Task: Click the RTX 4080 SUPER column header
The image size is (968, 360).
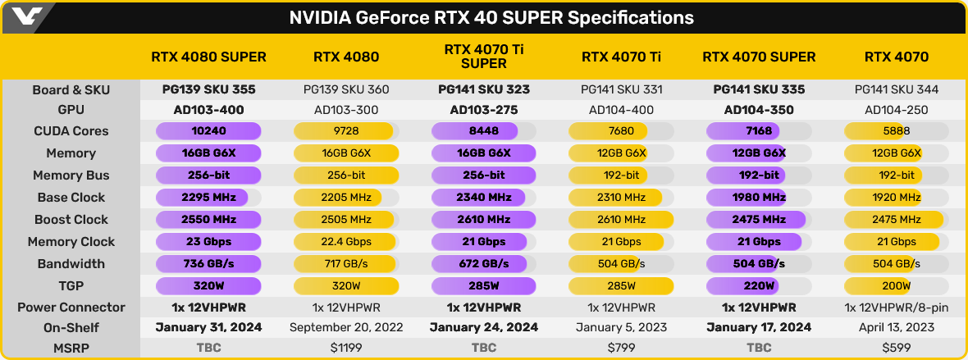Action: tap(208, 57)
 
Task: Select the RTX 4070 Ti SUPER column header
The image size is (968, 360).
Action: tap(483, 57)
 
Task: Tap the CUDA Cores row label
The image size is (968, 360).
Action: tap(71, 131)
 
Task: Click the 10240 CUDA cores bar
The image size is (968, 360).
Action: tap(208, 131)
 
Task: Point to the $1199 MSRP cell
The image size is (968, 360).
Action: tap(346, 347)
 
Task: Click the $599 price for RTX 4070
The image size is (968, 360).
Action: tap(897, 347)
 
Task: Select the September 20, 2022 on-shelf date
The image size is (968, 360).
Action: tap(346, 327)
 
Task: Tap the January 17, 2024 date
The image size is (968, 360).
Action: tap(759, 327)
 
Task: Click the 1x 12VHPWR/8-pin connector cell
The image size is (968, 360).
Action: tap(897, 308)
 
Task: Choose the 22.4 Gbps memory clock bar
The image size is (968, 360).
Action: tap(346, 242)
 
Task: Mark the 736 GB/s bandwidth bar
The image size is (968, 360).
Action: tap(208, 264)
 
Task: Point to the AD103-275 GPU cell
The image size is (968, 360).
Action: tap(483, 109)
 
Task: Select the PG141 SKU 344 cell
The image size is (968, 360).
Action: tap(897, 89)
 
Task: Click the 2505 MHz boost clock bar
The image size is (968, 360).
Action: tap(345, 220)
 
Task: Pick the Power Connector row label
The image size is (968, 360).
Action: tap(71, 308)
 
